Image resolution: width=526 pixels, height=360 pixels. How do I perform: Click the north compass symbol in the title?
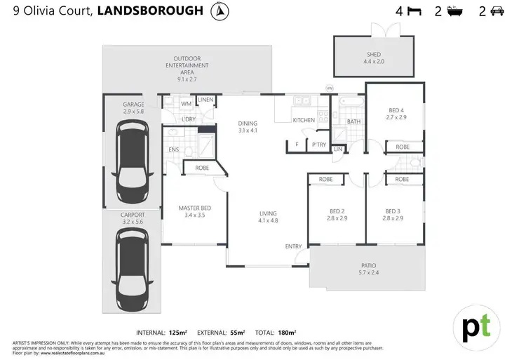point(220,11)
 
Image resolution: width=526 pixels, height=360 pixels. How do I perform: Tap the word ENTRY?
point(293,246)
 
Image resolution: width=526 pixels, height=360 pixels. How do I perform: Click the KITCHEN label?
point(304,120)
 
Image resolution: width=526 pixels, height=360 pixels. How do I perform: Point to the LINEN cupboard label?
point(205,100)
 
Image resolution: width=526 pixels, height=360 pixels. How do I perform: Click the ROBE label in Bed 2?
point(325,180)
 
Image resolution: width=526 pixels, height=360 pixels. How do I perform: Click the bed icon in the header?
point(414,11)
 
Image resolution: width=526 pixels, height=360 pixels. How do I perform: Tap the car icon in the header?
point(497,11)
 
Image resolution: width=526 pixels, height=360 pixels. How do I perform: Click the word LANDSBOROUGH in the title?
point(150,11)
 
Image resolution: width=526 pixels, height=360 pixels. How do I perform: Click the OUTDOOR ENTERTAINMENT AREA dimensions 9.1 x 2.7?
point(187,79)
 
